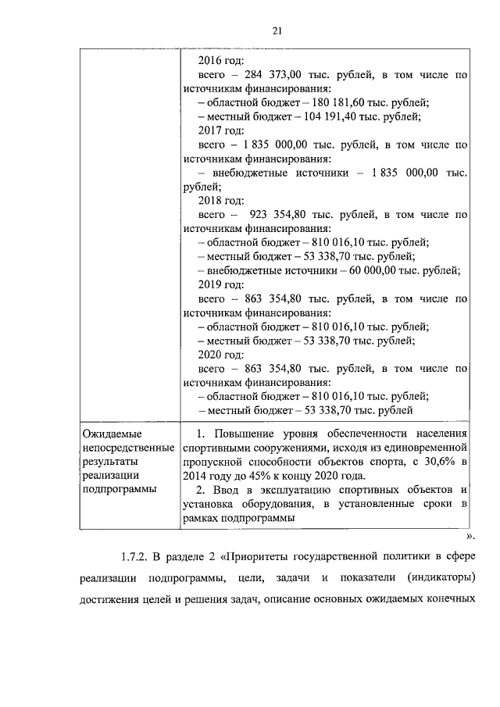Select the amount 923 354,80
tap(281, 214)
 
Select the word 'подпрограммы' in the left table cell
tap(119, 489)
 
